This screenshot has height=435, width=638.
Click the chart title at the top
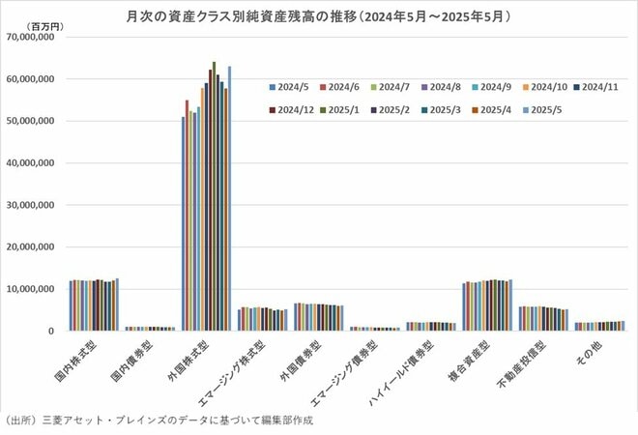click(x=319, y=16)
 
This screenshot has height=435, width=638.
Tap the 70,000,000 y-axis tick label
click(x=36, y=38)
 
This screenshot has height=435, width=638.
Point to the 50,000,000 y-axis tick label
click(x=36, y=121)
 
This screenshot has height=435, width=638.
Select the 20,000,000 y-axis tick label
click(x=36, y=246)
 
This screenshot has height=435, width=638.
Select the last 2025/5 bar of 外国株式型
click(x=230, y=198)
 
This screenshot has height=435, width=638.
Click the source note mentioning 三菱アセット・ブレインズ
click(x=159, y=421)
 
